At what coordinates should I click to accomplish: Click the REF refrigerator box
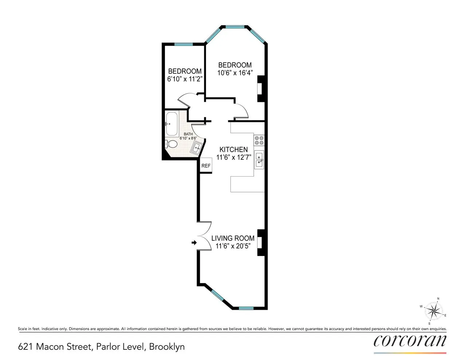click(206, 166)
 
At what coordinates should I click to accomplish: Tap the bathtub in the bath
click(171, 124)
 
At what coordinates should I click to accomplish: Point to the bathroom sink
click(197, 148)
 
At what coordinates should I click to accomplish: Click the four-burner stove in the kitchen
click(259, 140)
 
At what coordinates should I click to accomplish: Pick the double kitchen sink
click(259, 159)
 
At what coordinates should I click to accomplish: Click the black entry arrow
click(194, 242)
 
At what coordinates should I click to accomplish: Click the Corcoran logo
click(410, 341)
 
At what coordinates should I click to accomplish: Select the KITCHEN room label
click(234, 149)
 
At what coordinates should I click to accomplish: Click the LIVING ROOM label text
click(233, 238)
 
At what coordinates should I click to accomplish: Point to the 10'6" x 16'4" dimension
click(235, 73)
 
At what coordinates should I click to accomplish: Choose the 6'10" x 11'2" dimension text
click(185, 79)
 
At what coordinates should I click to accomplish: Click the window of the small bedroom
click(183, 44)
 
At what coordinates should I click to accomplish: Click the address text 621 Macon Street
click(55, 347)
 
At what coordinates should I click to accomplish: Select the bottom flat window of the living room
click(246, 308)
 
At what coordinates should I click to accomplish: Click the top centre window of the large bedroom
click(235, 27)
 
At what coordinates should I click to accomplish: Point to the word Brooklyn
click(167, 347)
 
